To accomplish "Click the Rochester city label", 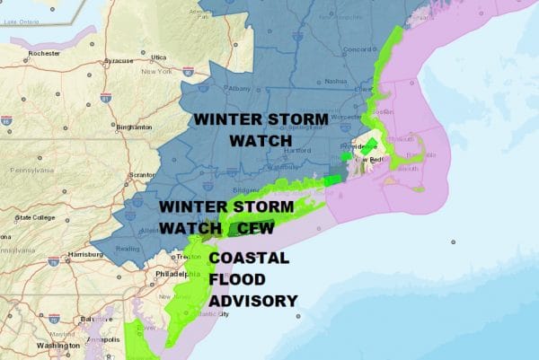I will coord(43,53).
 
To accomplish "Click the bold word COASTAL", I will coord(249,259).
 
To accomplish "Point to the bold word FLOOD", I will coord(234,279).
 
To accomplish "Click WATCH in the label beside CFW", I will coord(192,228).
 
